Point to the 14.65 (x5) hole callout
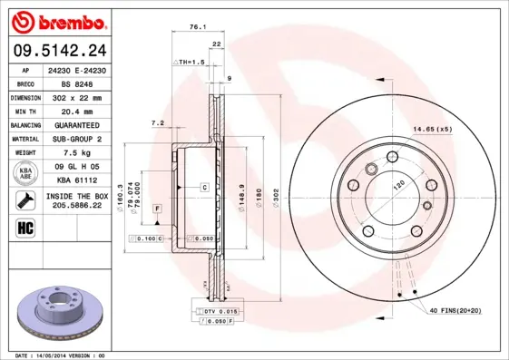[x=432, y=131]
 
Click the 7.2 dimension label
[x=156, y=122]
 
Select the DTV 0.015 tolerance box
[x=213, y=311]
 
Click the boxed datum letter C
[x=205, y=187]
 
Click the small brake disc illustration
[x=54, y=312]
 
